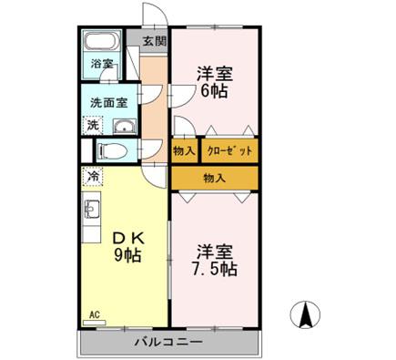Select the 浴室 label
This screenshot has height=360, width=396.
coord(101,64)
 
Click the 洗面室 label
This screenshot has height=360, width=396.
coord(107,104)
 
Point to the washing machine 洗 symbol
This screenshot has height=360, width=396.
coord(91,126)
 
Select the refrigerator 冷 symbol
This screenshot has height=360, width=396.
coord(92,173)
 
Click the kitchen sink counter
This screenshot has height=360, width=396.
coord(91,219)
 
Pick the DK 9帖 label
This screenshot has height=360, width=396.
coord(127,246)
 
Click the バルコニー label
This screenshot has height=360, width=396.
coord(168,343)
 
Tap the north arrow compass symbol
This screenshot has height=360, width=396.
coord(307,315)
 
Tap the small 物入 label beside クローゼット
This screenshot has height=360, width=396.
coord(184,151)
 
